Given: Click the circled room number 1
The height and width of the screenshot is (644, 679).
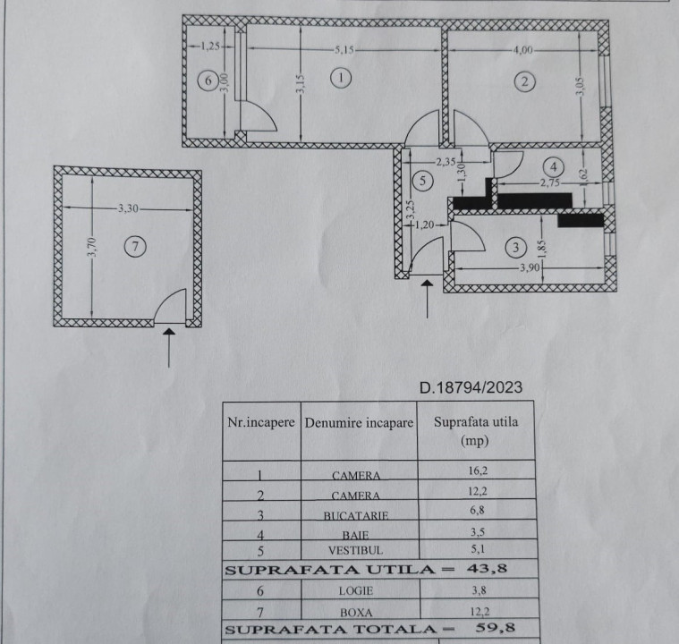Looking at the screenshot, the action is pyautogui.click(x=341, y=78).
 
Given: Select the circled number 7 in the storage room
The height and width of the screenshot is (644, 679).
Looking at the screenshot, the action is pyautogui.click(x=135, y=247).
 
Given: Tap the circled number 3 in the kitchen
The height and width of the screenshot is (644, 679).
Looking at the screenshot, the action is pyautogui.click(x=516, y=247).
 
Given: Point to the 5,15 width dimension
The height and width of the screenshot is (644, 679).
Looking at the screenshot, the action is pyautogui.click(x=344, y=50).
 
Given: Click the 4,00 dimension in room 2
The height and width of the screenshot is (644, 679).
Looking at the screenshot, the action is pyautogui.click(x=523, y=50).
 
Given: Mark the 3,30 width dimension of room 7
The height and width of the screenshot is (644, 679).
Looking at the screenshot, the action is pyautogui.click(x=128, y=208).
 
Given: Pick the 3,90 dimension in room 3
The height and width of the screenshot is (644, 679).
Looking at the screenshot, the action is pyautogui.click(x=530, y=267).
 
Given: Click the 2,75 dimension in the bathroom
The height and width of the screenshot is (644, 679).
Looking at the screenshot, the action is pyautogui.click(x=550, y=182).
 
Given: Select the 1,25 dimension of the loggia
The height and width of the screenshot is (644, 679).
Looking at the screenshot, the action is pyautogui.click(x=209, y=46).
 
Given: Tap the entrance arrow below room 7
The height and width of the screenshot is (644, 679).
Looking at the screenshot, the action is pyautogui.click(x=169, y=347).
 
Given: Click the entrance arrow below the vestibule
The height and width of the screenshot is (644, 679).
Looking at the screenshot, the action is pyautogui.click(x=428, y=299).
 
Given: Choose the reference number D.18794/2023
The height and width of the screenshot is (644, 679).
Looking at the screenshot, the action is pyautogui.click(x=471, y=387).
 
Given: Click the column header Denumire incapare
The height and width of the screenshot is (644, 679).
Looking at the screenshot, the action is pyautogui.click(x=359, y=423).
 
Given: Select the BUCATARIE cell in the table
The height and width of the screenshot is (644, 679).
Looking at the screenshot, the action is pyautogui.click(x=356, y=515).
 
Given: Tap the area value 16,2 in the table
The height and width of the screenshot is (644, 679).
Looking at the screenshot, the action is pyautogui.click(x=478, y=470).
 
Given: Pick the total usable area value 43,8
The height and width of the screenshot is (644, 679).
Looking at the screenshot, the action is pyautogui.click(x=487, y=568).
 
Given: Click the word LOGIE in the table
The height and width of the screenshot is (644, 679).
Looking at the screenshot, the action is pyautogui.click(x=355, y=590).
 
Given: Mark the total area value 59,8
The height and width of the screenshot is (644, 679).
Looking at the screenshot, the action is pyautogui.click(x=495, y=628).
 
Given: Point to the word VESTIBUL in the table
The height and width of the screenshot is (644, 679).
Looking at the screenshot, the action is pyautogui.click(x=355, y=550).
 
